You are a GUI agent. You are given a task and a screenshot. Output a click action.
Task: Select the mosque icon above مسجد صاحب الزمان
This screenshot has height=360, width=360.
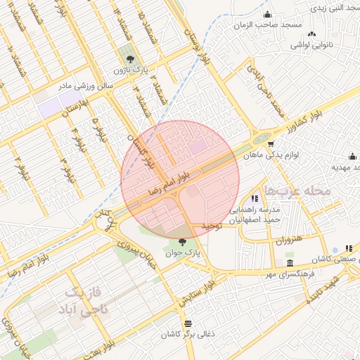coord(266,15)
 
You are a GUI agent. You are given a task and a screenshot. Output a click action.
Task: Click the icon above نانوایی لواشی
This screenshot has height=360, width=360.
coord(311,34)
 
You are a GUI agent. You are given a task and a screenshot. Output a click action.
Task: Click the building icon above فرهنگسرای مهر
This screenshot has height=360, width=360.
coord(290,263)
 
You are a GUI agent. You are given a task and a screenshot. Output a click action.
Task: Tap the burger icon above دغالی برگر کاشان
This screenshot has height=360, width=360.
coord(187,323)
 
